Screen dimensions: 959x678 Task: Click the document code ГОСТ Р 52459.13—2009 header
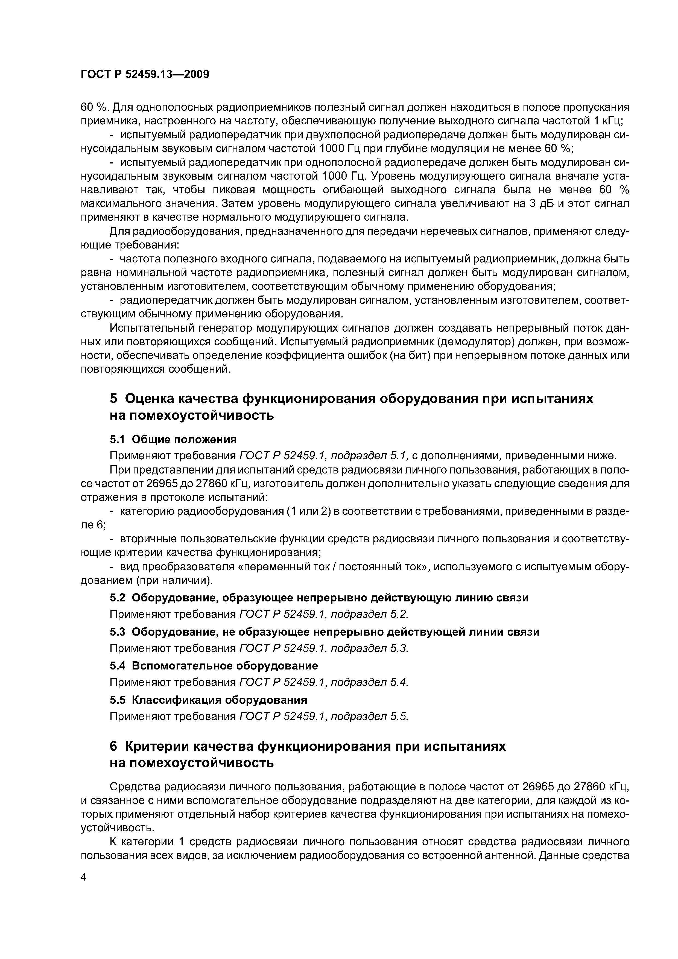pos(145,74)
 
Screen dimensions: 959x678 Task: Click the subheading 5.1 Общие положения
pos(173,439)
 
